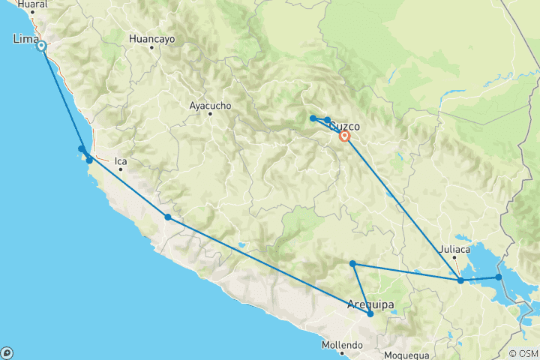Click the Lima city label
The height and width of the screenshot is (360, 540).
pos(26,38)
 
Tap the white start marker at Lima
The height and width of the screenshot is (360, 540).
pos(41,46)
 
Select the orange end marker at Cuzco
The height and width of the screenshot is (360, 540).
pos(344,136)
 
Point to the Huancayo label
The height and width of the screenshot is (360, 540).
pos(151,38)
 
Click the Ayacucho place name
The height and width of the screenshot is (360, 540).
pos(211,106)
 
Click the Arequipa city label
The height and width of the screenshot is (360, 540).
pos(370,304)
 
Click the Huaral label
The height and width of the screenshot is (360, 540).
pos(31,4)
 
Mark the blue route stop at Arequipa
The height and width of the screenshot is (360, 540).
pos(370,314)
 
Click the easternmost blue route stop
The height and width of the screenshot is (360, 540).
pos(498,277)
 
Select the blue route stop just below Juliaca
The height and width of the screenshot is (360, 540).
pos(460,281)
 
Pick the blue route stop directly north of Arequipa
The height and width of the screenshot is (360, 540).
pos(352,263)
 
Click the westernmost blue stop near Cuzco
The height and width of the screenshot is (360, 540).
pos(313,118)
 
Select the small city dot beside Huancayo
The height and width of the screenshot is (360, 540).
pos(151,47)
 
